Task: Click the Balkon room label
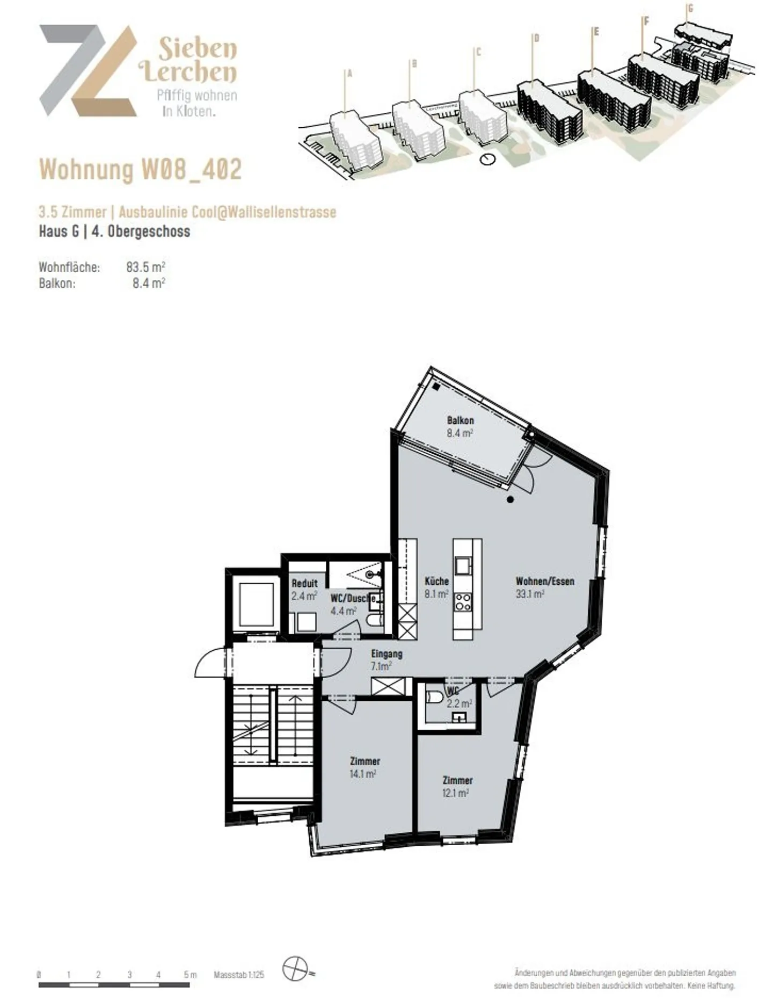tap(460, 420)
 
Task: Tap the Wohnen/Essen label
tap(544, 581)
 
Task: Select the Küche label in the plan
tap(436, 581)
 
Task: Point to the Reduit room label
tap(304, 583)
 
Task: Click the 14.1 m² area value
tap(362, 774)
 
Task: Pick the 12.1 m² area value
tap(455, 793)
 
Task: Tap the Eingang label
tap(386, 654)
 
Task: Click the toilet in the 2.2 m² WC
tap(434, 697)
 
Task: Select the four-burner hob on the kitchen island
tap(463, 602)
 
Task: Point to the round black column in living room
tap(510, 499)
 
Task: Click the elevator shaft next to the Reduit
tap(256, 604)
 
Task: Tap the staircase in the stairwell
tap(273, 724)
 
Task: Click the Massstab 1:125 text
tap(239, 975)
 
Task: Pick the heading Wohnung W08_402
tap(140, 169)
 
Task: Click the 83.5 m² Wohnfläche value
tap(145, 267)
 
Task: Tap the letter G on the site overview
tap(690, 9)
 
